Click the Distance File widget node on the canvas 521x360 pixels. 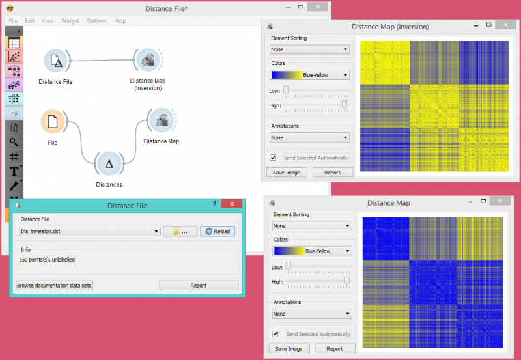[x=57, y=62]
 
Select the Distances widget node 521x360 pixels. [x=109, y=164]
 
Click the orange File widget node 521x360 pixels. [x=53, y=122]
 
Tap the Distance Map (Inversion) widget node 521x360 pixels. [x=148, y=62]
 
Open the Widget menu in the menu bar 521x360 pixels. [x=70, y=21]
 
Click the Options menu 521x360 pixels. [x=96, y=21]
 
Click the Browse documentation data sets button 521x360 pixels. [x=55, y=285]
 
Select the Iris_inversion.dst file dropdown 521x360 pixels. [x=90, y=231]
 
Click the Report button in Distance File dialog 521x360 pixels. [x=199, y=285]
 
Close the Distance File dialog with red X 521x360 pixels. [x=231, y=204]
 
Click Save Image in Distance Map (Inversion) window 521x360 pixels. [x=287, y=173]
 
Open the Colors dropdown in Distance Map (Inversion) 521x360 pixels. [x=309, y=75]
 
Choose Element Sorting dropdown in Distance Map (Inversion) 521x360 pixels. [x=309, y=49]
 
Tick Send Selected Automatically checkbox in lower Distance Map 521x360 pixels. [x=275, y=334]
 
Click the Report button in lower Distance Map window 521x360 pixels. [x=335, y=348]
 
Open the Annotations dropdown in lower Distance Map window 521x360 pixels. [x=312, y=314]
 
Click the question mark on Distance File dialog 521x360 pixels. [x=214, y=204]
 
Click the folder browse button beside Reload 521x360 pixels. [x=180, y=231]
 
